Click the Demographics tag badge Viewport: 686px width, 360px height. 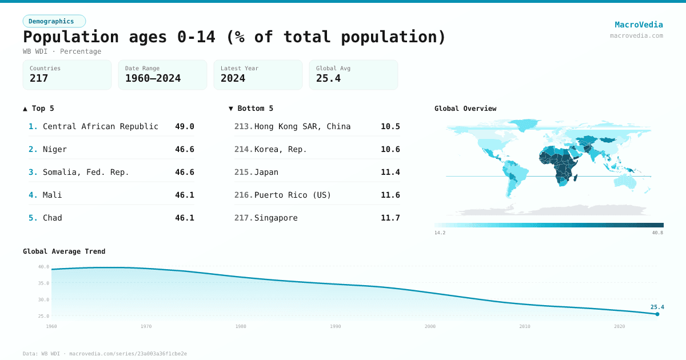click(54, 21)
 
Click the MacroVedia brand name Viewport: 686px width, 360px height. click(639, 25)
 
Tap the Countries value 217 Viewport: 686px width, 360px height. click(39, 78)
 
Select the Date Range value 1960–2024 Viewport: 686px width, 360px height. click(153, 78)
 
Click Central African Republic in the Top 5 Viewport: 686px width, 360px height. click(101, 126)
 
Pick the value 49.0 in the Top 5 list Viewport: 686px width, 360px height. click(185, 126)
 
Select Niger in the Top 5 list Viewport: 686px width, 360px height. click(55, 149)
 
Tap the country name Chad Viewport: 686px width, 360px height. click(53, 218)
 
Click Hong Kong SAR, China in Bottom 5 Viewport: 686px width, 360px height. click(302, 126)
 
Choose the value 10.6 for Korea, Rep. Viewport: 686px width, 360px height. click(390, 149)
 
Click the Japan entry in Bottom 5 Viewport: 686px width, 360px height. click(266, 172)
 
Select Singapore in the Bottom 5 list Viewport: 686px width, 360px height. click(276, 218)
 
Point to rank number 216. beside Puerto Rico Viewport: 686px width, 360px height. click(244, 195)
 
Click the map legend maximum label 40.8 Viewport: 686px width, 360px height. click(657, 233)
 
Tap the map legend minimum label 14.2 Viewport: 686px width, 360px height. click(440, 233)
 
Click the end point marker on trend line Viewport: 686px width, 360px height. click(657, 314)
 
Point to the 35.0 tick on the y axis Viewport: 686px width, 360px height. click(43, 283)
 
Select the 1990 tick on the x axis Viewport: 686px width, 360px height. click(335, 326)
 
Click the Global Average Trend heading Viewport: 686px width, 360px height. click(64, 251)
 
